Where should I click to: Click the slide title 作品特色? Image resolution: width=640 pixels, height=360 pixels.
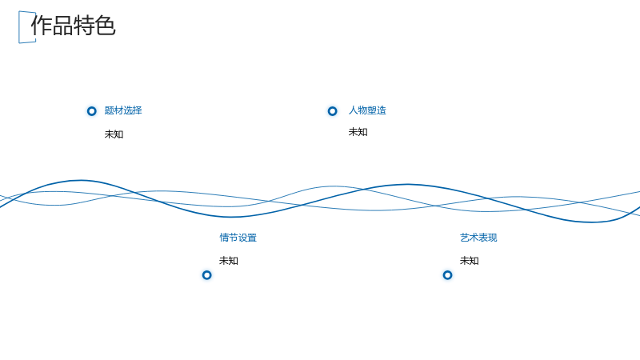click(x=74, y=26)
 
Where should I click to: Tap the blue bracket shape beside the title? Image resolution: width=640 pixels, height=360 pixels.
click(x=19, y=27)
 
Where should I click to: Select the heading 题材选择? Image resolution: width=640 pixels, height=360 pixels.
click(x=123, y=110)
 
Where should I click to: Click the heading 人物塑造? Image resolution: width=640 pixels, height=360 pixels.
click(x=367, y=110)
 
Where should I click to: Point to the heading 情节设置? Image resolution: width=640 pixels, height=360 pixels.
click(x=238, y=238)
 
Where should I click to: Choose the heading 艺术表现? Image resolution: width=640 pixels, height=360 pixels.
click(x=478, y=238)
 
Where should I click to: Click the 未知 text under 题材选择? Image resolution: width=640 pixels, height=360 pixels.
click(x=114, y=134)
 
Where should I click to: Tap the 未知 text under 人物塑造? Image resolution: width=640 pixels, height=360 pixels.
click(x=358, y=132)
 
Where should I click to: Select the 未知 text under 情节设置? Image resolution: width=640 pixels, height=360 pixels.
click(x=229, y=261)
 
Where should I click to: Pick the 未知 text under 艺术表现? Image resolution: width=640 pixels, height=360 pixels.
click(x=470, y=261)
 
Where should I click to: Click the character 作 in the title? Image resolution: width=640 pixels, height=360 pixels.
click(x=42, y=26)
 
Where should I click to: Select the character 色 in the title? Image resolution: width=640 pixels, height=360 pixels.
click(x=106, y=26)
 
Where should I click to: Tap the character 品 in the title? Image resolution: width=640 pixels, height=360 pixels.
click(x=63, y=26)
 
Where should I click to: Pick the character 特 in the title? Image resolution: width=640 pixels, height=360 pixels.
click(x=84, y=26)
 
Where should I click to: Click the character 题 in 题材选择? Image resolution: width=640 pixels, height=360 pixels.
click(x=109, y=110)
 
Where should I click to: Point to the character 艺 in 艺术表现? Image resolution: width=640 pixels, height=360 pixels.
click(x=465, y=238)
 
